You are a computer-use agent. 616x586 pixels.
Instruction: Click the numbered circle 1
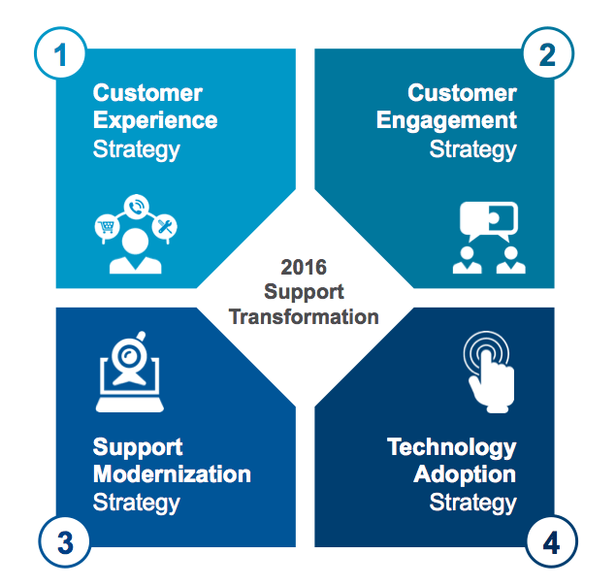pyautogui.click(x=63, y=55)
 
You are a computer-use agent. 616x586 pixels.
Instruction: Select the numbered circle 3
pyautogui.click(x=63, y=542)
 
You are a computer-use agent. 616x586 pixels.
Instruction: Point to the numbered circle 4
pyautogui.click(x=549, y=542)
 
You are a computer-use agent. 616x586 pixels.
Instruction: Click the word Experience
pyautogui.click(x=155, y=121)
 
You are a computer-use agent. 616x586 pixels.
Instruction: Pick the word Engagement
pyautogui.click(x=446, y=121)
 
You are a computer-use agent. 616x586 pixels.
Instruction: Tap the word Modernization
pyautogui.click(x=172, y=474)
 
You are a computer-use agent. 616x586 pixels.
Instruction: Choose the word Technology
pyautogui.click(x=452, y=447)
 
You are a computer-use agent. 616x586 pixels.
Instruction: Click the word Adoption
pyautogui.click(x=465, y=474)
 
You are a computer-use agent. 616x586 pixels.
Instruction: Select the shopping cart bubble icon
pyautogui.click(x=105, y=227)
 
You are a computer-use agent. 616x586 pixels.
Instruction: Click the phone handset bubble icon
pyautogui.click(x=137, y=207)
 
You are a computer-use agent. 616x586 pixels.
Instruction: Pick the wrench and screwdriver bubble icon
pyautogui.click(x=167, y=227)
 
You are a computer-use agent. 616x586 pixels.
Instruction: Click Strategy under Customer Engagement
pyautogui.click(x=472, y=149)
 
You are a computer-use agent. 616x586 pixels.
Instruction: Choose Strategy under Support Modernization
pyautogui.click(x=136, y=503)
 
